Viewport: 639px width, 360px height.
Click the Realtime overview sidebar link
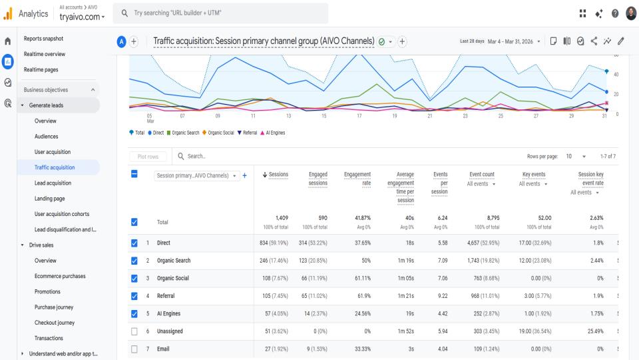point(45,55)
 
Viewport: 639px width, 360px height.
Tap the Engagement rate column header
point(357,179)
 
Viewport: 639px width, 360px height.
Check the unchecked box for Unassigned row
point(135,331)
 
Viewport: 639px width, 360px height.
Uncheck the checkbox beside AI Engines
point(135,314)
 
